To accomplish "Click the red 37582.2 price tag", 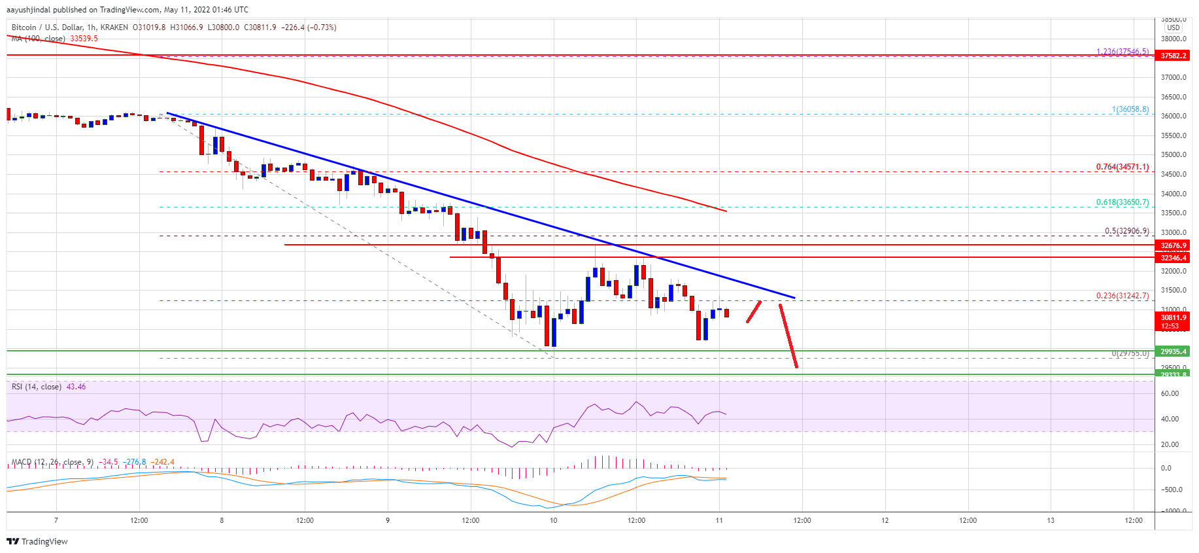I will (x=1173, y=56).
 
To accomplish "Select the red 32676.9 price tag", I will (x=1173, y=245).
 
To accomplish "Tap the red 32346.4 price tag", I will (x=1173, y=258).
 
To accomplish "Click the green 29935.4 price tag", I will (x=1173, y=351).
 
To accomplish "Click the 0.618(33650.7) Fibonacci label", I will (x=1122, y=202).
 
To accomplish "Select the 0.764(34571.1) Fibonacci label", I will (x=1122, y=167).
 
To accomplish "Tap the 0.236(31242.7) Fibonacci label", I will (x=1122, y=296).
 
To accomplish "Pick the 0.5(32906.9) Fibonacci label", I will (x=1126, y=231).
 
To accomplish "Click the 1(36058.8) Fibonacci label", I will (x=1130, y=109).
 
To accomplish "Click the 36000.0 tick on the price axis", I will (x=1173, y=116).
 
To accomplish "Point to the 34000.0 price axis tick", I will (x=1173, y=194).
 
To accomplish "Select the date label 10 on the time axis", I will (x=553, y=521).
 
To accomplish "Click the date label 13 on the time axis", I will (x=1051, y=521).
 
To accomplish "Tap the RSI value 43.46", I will (x=76, y=387).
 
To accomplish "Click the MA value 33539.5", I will (x=84, y=39).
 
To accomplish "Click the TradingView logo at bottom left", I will (x=37, y=541).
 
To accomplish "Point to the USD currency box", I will (x=1174, y=27).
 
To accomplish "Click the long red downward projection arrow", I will (x=788, y=336).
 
